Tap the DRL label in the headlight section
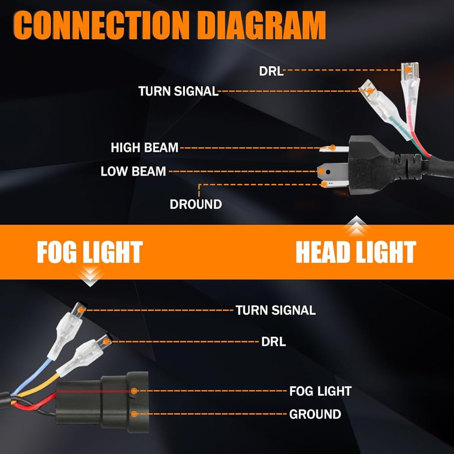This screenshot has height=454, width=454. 271,71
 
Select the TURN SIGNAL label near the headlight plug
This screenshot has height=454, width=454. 178,91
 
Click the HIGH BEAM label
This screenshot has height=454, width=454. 144,148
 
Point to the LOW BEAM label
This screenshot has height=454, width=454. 133,172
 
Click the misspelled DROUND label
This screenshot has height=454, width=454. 196,204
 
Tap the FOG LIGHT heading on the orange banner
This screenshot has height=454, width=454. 90,253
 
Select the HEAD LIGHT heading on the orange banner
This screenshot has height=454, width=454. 356,252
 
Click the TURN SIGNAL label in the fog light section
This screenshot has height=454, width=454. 275,311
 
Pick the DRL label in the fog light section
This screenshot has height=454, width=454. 274,342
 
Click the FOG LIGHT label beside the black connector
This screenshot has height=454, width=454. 320,391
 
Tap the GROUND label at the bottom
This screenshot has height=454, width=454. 315,414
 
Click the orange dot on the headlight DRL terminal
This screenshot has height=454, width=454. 409,70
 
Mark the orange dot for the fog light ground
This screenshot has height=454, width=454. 134,414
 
